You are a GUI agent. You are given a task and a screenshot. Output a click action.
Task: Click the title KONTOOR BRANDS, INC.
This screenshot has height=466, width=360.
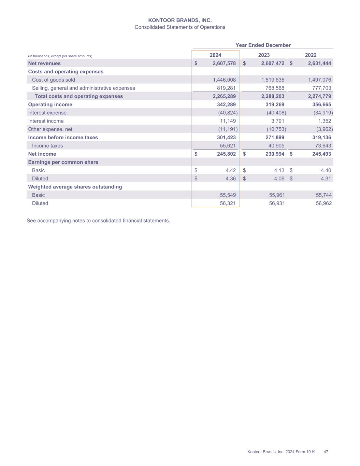[x=180, y=20]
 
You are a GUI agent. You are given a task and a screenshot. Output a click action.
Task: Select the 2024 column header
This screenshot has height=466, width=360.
[x=215, y=55]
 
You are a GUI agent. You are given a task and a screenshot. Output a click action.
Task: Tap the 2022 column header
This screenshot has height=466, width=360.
[x=311, y=55]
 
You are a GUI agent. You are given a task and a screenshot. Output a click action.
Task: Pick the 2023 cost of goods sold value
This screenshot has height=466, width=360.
[x=272, y=80]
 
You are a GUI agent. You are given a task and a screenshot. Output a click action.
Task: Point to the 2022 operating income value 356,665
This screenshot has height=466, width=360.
[x=321, y=104]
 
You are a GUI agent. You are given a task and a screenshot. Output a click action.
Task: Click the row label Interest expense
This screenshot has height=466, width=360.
[x=47, y=113]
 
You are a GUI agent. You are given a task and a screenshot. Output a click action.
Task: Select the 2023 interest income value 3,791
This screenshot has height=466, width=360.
[x=277, y=121]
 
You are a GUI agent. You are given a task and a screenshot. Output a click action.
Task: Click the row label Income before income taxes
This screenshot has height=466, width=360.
[x=63, y=137]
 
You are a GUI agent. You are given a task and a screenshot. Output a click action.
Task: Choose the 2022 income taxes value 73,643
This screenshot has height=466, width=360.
[x=322, y=146]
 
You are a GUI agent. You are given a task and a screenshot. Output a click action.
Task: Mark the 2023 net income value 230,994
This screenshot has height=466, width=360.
[x=275, y=154]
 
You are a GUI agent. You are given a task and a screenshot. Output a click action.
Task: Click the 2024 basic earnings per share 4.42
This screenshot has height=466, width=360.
[x=230, y=170]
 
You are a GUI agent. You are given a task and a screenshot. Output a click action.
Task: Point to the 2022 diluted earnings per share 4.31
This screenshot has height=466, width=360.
[x=326, y=179]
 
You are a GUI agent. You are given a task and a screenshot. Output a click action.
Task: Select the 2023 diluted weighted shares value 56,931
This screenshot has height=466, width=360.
[x=277, y=203]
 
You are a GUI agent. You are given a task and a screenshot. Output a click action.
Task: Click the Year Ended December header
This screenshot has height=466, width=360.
[x=263, y=45]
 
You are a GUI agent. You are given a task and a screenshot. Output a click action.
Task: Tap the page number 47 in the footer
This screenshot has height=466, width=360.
[x=326, y=452]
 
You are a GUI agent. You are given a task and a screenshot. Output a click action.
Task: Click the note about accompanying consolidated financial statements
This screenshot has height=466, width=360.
[x=98, y=221]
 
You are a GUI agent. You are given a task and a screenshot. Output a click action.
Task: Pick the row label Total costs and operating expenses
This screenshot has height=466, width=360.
[x=78, y=96]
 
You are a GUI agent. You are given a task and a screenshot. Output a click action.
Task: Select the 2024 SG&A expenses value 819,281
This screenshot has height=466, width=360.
[x=224, y=88]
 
